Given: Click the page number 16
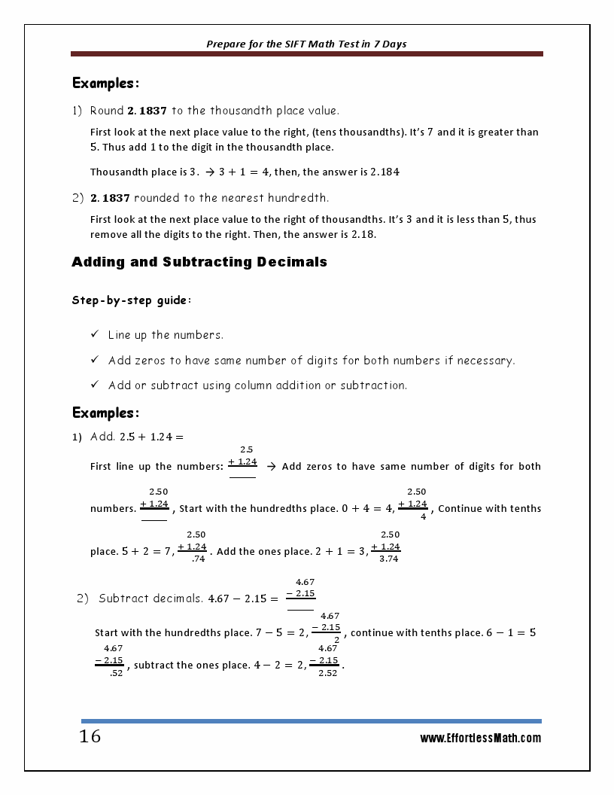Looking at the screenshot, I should pyautogui.click(x=90, y=736).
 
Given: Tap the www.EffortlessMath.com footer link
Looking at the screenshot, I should pyautogui.click(x=480, y=739).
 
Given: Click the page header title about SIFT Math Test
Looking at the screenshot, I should pyautogui.click(x=306, y=44).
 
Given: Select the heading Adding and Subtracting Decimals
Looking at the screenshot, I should pyautogui.click(x=199, y=262).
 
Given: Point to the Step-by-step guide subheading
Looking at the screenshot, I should pyautogui.click(x=132, y=300).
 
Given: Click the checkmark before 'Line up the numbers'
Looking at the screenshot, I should pyautogui.click(x=95, y=334).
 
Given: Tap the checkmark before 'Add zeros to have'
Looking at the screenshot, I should pyautogui.click(x=95, y=360).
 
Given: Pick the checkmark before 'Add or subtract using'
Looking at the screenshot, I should pyautogui.click(x=95, y=385).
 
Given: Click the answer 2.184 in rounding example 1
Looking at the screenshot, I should pyautogui.click(x=385, y=172).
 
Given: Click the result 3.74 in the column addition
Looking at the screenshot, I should pyautogui.click(x=389, y=559).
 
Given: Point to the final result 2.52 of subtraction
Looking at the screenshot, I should pyautogui.click(x=327, y=673).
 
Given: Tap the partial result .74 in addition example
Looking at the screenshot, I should pyautogui.click(x=199, y=559).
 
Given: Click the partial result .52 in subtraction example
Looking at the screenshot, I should pyautogui.click(x=116, y=673).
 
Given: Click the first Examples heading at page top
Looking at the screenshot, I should pyautogui.click(x=105, y=83).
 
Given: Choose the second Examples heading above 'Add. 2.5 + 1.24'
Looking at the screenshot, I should pyautogui.click(x=105, y=413).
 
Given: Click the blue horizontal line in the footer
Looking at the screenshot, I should pyautogui.click(x=311, y=720).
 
